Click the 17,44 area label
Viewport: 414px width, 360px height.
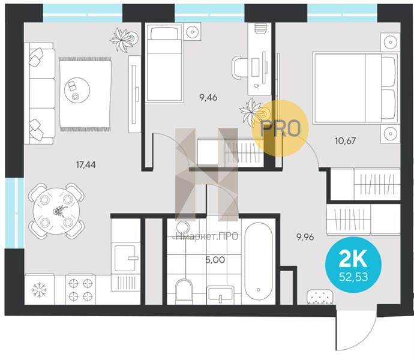[x=86, y=165]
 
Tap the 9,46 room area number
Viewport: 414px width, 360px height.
[x=208, y=98]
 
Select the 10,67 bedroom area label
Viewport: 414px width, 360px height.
[x=346, y=140]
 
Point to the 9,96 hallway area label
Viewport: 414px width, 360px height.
[x=305, y=237]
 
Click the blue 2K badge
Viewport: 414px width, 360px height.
[x=353, y=265]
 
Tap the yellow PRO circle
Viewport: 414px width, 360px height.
[x=280, y=128]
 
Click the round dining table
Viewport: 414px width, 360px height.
[x=56, y=211]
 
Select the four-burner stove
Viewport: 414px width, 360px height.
[x=80, y=290]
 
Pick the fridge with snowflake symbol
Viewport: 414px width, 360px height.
[x=40, y=290]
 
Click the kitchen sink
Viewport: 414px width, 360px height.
[x=125, y=258]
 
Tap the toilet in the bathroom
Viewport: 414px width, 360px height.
[x=184, y=289]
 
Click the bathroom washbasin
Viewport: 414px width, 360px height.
[x=220, y=293]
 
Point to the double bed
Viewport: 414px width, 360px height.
[x=355, y=88]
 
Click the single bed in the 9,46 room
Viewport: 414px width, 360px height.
[x=164, y=62]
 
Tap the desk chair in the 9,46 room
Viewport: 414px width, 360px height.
[x=237, y=68]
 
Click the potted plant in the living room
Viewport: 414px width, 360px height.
[x=124, y=40]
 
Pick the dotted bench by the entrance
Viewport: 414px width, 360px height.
[x=320, y=297]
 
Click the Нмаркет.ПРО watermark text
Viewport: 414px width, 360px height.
[x=206, y=236]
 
